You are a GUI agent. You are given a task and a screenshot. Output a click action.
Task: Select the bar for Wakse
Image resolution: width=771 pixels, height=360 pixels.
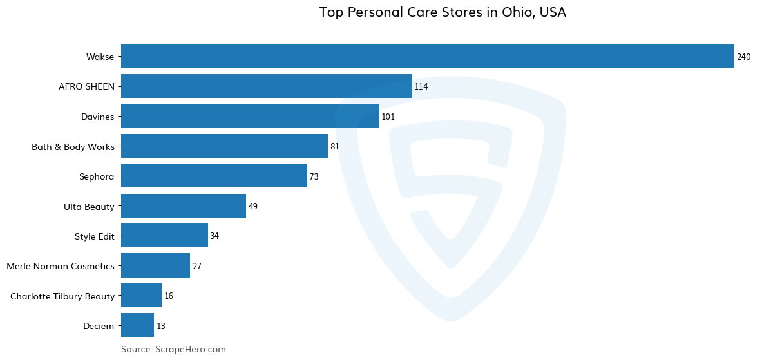pyautogui.click(x=427, y=57)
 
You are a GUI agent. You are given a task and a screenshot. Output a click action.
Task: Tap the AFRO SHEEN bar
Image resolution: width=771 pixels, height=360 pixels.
pyautogui.click(x=266, y=86)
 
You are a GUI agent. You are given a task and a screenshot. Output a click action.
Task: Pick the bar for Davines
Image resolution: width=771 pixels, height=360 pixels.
pyautogui.click(x=249, y=117)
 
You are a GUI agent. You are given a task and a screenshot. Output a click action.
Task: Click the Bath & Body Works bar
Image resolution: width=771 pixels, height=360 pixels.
pyautogui.click(x=224, y=146)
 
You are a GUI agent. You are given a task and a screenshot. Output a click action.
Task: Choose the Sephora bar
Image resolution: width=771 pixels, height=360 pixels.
pyautogui.click(x=214, y=176)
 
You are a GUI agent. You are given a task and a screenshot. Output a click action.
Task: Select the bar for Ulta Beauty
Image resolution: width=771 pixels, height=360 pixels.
pyautogui.click(x=183, y=206)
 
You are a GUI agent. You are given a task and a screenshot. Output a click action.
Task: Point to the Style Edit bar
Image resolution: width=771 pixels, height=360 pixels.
pyautogui.click(x=164, y=236)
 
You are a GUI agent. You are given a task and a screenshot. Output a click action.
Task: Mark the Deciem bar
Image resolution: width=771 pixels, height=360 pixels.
pyautogui.click(x=137, y=325)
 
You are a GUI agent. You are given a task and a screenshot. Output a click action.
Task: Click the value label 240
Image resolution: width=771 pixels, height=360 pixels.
pyautogui.click(x=743, y=57)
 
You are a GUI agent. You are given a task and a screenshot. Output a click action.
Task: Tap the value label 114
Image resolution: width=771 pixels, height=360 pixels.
pyautogui.click(x=421, y=87)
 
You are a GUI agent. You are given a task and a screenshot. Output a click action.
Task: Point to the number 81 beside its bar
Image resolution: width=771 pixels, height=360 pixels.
pyautogui.click(x=334, y=147)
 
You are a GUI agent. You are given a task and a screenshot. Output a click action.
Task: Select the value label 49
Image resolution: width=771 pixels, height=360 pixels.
pyautogui.click(x=252, y=207)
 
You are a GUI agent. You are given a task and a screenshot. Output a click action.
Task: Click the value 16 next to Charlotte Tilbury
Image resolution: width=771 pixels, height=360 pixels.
pyautogui.click(x=169, y=296)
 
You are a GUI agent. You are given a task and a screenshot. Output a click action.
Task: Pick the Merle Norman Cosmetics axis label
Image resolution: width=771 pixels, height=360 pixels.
pyautogui.click(x=61, y=266)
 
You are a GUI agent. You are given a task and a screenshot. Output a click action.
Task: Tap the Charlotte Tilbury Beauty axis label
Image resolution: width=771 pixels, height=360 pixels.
pyautogui.click(x=62, y=296)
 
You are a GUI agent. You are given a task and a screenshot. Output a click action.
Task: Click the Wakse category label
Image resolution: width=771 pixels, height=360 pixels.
pyautogui.click(x=100, y=57)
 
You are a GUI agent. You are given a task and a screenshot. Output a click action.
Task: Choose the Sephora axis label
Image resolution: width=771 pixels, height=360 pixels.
pyautogui.click(x=97, y=176)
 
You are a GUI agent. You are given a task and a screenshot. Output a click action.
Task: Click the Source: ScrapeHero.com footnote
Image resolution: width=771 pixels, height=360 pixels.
pyautogui.click(x=173, y=350)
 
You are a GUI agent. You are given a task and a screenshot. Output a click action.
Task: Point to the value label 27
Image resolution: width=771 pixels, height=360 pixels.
pyautogui.click(x=197, y=267)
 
